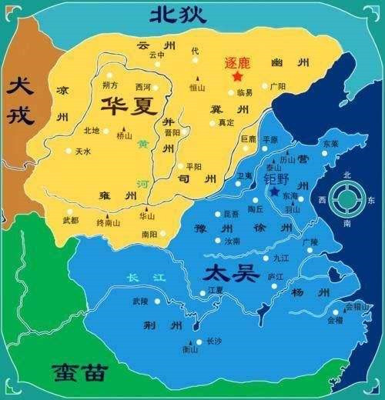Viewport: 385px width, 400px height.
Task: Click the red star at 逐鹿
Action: point(237,76)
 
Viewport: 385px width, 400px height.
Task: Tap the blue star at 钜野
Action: point(275,191)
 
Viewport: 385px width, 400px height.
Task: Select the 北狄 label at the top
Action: point(179,14)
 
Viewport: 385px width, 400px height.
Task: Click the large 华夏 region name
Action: point(126,105)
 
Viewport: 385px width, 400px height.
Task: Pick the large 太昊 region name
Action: point(227,273)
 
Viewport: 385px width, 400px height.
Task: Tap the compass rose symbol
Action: point(350,199)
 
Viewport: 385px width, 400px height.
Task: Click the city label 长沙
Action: point(214,341)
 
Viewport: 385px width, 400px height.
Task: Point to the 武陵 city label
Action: point(139,301)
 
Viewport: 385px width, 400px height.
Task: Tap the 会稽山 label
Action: point(357,305)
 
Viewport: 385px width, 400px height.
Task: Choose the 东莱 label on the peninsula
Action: point(331,143)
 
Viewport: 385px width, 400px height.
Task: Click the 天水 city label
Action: point(83,152)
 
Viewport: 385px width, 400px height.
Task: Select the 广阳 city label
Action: point(278,86)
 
